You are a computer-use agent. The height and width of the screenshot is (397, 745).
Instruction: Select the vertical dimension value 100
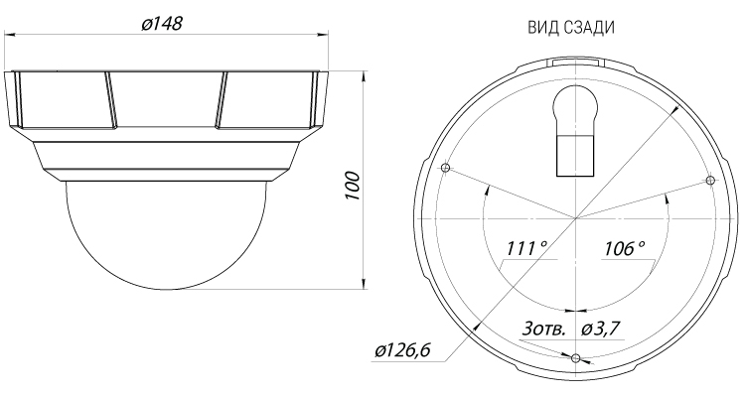point(352,187)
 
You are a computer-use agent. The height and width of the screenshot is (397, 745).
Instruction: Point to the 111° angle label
point(526,249)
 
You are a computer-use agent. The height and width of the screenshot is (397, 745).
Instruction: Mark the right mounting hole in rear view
point(709,180)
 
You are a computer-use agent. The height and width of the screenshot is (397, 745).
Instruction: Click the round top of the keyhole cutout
point(574,107)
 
